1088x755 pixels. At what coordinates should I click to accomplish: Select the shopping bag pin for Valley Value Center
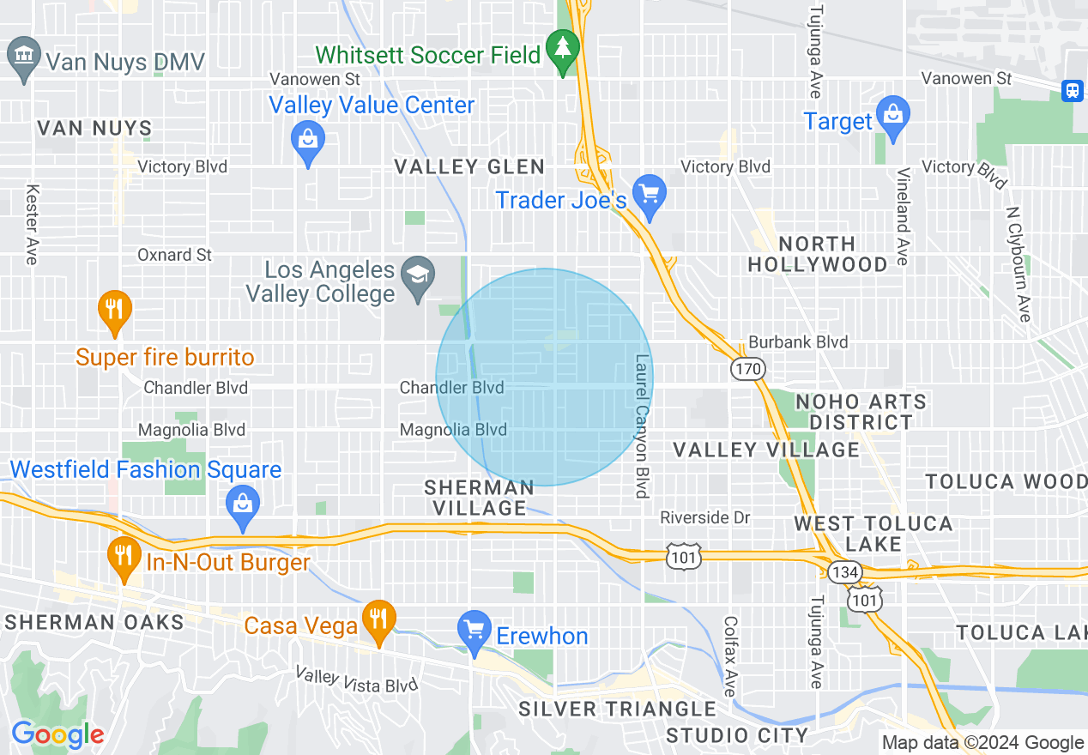coord(306,142)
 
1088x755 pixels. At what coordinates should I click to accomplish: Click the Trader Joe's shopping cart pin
coord(650,196)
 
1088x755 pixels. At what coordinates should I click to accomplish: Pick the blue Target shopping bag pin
coord(893,116)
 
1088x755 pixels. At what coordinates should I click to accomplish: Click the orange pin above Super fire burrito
coord(113,311)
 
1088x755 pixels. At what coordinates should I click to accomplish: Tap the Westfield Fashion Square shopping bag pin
coord(243,506)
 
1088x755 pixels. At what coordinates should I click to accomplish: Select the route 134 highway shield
coord(841,571)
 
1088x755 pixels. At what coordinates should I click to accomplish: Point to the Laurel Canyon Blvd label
coord(642,426)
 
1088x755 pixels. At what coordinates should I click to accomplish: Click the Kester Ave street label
coord(33,224)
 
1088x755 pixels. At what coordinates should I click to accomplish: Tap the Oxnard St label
coord(174,255)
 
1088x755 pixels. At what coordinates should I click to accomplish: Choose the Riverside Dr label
coord(704,517)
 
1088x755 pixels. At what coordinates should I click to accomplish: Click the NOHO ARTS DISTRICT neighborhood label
coord(861,412)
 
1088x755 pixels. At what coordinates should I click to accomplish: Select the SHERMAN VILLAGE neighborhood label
coord(480,498)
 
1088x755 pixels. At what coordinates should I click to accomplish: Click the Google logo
coord(57,734)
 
